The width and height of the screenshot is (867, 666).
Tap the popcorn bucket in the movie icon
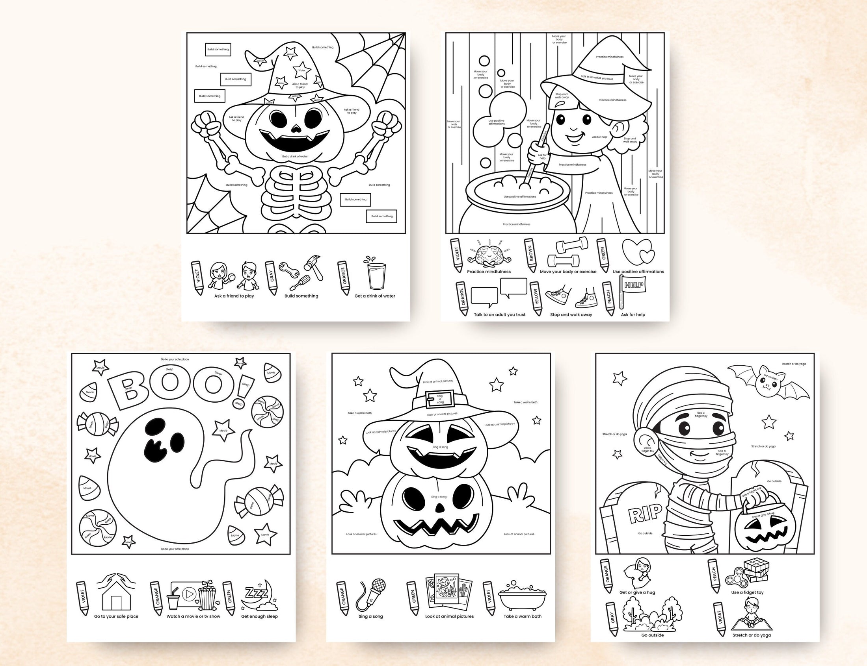tap(208, 597)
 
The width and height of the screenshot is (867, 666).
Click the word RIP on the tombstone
tap(646, 514)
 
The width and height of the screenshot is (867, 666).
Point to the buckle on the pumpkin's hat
tap(440, 398)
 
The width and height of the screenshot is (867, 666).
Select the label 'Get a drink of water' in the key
tap(374, 296)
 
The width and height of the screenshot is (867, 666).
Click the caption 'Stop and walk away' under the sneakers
tap(571, 314)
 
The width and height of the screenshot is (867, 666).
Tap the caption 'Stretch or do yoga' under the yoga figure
tap(752, 635)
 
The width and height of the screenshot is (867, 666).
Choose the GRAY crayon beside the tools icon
tap(272, 277)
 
